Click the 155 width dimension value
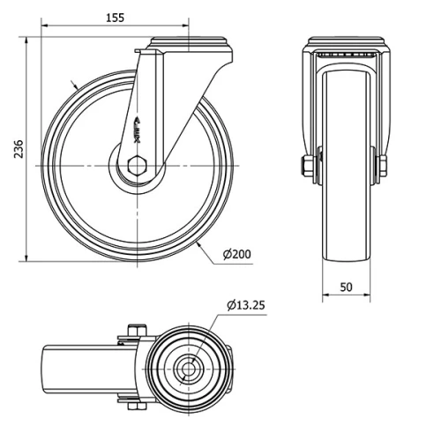(115, 18)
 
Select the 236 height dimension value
(19, 149)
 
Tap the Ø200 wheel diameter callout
(237, 254)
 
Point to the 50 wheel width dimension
(346, 287)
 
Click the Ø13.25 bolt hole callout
(246, 305)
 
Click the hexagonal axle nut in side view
(137, 166)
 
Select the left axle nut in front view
(306, 166)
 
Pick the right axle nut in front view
(383, 166)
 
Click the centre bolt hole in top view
(188, 369)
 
